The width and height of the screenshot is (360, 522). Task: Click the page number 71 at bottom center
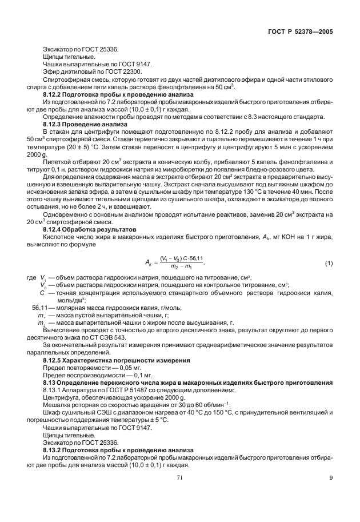(x=180, y=495)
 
